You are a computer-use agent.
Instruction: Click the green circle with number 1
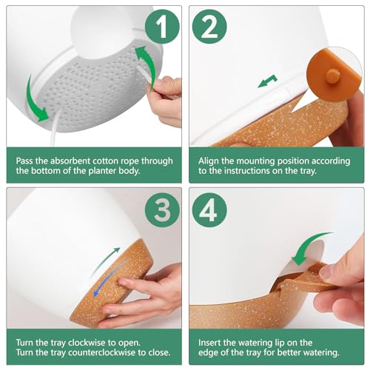coord(162,27)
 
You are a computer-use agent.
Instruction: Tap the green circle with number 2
coord(209,27)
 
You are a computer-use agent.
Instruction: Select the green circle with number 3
coord(162,210)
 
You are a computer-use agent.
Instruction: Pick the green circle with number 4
coord(209,210)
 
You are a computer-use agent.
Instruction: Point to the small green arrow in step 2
coord(267,81)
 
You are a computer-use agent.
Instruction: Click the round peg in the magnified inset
coord(333,75)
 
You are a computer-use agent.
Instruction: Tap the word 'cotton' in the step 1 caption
coord(107,161)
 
